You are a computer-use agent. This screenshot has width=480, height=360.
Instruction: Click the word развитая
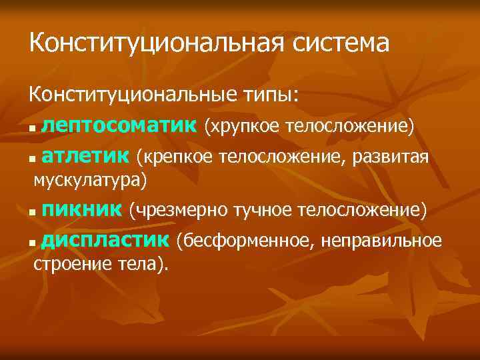pos(397,157)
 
